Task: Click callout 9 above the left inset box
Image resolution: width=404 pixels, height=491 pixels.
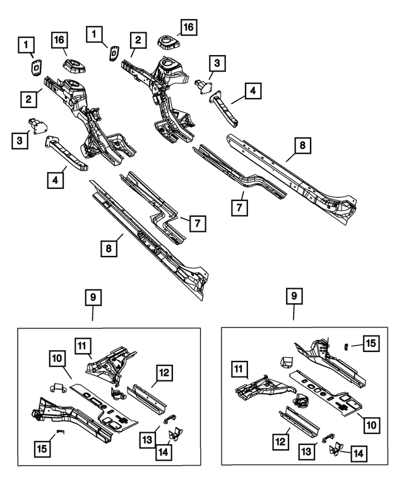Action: (93, 297)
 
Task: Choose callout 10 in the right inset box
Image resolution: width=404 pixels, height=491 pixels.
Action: (372, 425)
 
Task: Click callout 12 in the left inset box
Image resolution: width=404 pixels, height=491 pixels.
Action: (162, 374)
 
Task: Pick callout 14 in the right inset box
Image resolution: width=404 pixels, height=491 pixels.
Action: (357, 452)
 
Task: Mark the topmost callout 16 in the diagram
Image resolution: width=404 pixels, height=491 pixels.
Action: (189, 27)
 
